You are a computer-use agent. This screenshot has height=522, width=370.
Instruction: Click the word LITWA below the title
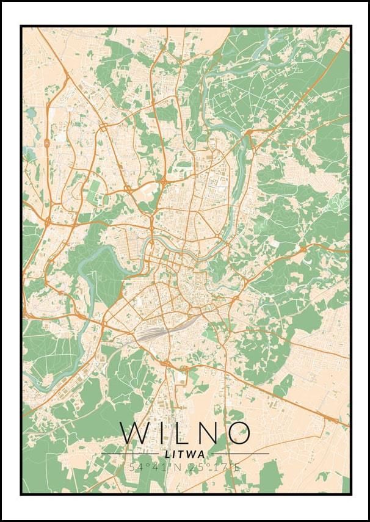tap(185, 454)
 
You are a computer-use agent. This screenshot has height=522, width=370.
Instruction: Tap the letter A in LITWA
tap(201, 454)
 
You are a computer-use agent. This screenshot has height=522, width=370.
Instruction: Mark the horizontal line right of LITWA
tap(238, 454)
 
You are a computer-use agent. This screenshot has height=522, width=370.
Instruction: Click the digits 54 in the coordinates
tap(136, 467)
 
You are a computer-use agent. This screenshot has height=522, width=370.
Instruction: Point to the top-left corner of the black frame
tap(21, 26)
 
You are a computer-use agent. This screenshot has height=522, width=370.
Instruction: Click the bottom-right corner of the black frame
tap(350, 494)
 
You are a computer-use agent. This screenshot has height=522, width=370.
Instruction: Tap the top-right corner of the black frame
tap(350, 26)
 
